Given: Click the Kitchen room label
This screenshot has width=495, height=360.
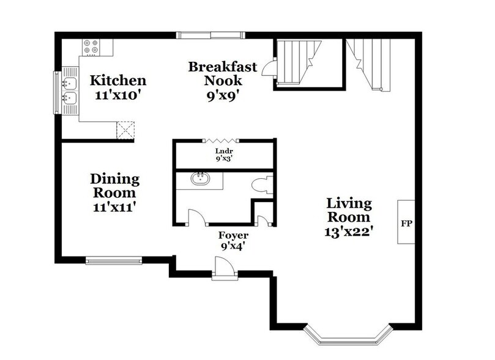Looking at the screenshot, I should coord(118,81).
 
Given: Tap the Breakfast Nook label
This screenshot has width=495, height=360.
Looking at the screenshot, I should coord(222,73).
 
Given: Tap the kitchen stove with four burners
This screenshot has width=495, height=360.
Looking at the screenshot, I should coord(92,47).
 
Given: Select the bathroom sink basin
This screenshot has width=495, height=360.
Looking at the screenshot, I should coord(200,179).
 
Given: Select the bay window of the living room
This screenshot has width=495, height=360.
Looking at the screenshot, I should coord(347,336).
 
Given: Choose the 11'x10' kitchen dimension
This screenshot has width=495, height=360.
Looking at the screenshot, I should coord(118,96).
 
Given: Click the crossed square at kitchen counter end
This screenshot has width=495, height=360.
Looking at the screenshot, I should coord(126,130).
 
